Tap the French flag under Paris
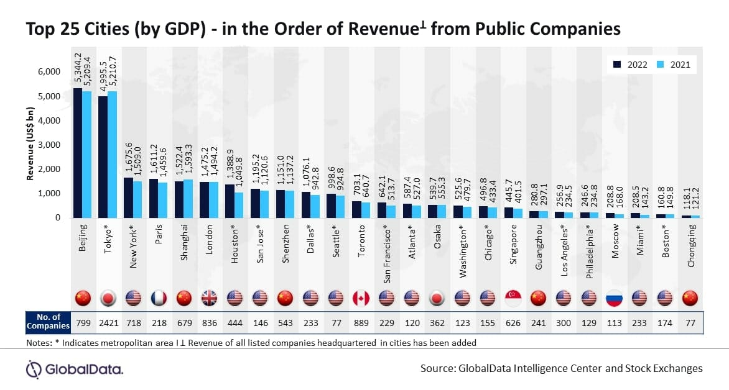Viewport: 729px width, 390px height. (x=159, y=298)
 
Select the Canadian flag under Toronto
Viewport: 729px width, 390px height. (x=361, y=298)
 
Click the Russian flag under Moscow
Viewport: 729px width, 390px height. (x=615, y=298)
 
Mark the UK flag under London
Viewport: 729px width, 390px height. (x=210, y=298)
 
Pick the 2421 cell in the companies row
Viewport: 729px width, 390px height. (x=108, y=323)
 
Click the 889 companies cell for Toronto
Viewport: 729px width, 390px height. (x=361, y=323)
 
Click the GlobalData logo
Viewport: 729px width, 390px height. (x=75, y=369)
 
